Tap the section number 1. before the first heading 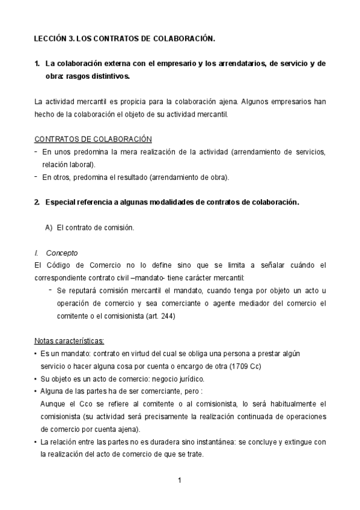click(x=37, y=64)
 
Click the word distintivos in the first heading click(x=109, y=76)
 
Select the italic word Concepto click(x=61, y=253)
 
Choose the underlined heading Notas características click(x=69, y=341)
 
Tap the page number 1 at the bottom click(x=180, y=480)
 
